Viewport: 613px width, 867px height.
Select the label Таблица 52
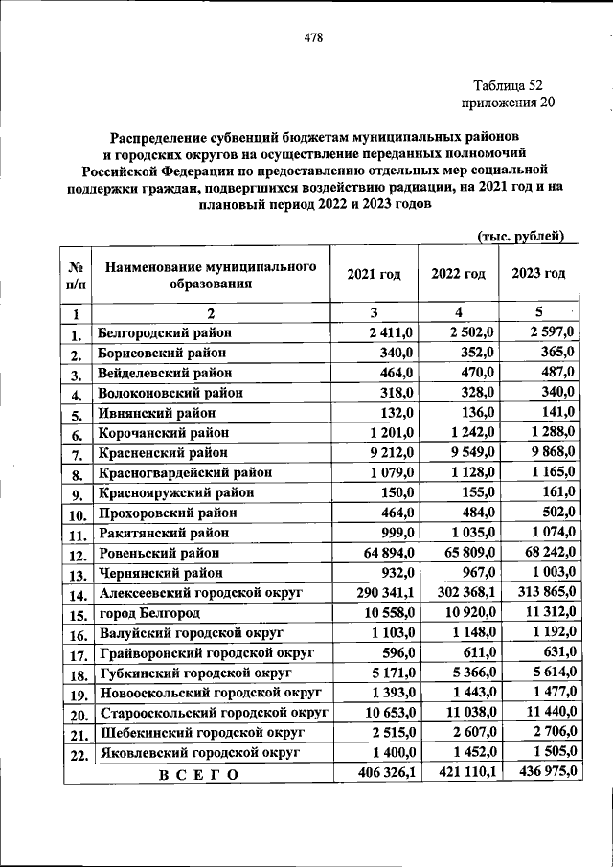509,85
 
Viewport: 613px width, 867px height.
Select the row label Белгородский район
165,332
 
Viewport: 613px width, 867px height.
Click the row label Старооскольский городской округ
214,713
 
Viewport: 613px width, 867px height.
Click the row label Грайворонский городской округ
207,653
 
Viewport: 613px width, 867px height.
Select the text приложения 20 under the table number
508,103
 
